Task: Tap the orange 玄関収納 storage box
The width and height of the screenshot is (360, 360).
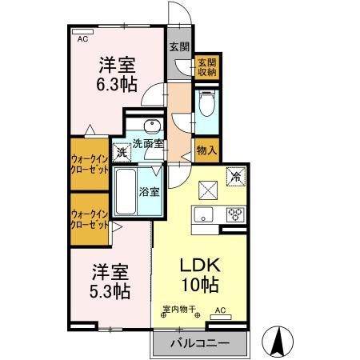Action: tap(206, 66)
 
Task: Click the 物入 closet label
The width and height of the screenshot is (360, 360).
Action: tap(206, 150)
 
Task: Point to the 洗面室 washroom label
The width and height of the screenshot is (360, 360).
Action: tap(148, 144)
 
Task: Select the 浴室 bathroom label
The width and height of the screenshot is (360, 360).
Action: tap(149, 192)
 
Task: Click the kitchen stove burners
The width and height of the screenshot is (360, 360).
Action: tap(236, 214)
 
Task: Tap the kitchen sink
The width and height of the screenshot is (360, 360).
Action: tap(201, 214)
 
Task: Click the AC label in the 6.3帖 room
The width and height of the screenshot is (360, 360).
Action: tap(82, 38)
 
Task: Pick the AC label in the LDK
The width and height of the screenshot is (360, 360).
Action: tap(220, 310)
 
